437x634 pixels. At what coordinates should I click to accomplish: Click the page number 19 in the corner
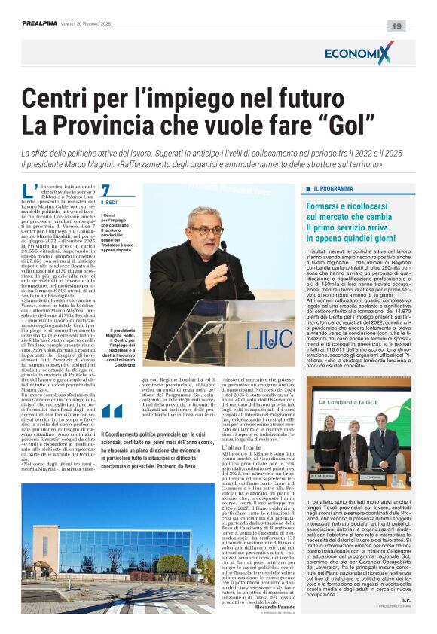pyautogui.click(x=396, y=26)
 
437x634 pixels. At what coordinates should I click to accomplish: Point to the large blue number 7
pyautogui.click(x=105, y=191)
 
